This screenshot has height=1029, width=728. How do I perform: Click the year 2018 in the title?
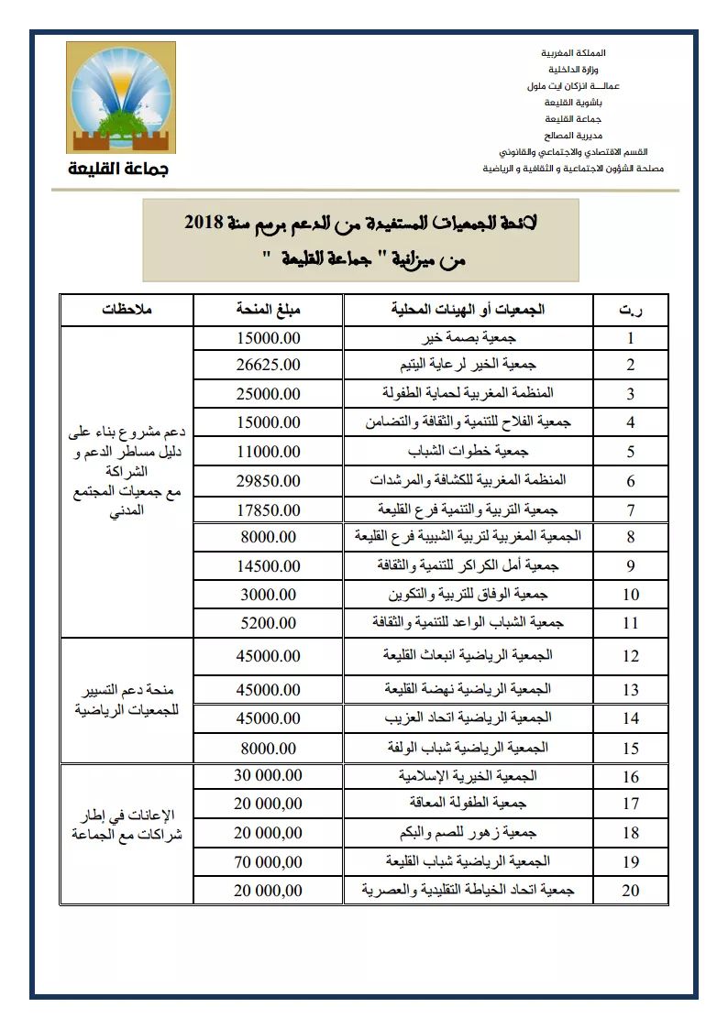pos(204,223)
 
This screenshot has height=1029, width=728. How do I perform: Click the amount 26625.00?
pos(269,365)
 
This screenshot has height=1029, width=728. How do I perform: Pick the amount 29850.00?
pos(269,479)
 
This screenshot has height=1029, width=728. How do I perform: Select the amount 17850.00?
pos(269,509)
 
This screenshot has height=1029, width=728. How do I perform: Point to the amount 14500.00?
pos(269,565)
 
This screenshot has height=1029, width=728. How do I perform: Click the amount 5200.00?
pos(269,622)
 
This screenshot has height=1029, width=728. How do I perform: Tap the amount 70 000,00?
pos(267,861)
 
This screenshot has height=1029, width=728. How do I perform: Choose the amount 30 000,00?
pos(267,776)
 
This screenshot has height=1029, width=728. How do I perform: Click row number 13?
pos(631,689)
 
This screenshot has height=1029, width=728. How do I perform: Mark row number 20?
pos(631,890)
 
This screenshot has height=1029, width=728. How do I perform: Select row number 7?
pos(631,509)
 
